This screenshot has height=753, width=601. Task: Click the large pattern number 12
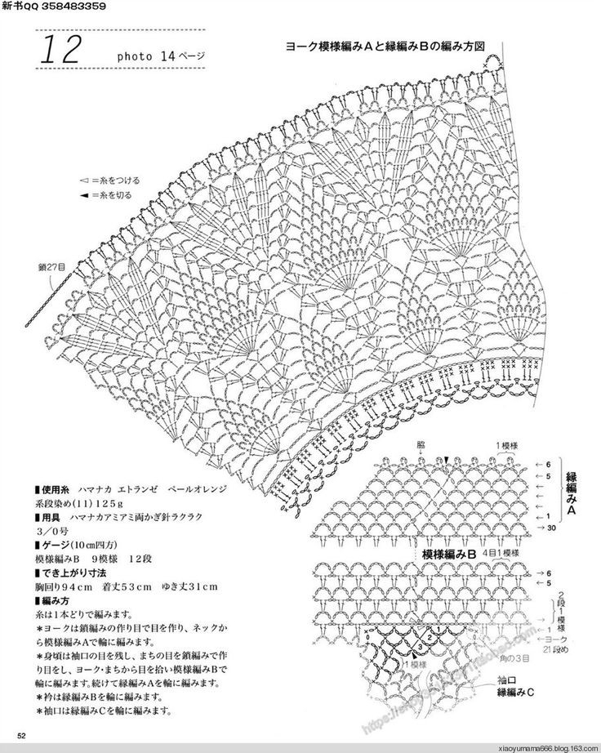(58, 51)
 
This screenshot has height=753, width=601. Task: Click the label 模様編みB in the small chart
(448, 554)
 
